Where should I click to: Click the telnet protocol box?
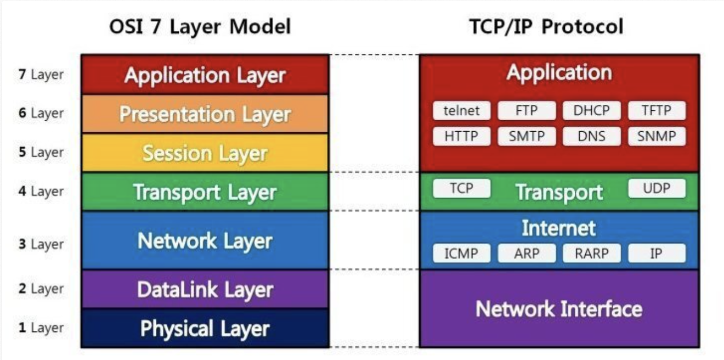click(x=461, y=110)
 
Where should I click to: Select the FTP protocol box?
click(x=527, y=110)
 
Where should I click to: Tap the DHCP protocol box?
click(x=591, y=110)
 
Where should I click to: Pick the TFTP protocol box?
click(x=657, y=110)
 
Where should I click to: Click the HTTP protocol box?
click(x=461, y=136)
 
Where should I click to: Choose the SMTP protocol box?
click(x=527, y=136)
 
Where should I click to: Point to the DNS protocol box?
click(x=591, y=136)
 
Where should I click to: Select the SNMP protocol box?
click(x=657, y=136)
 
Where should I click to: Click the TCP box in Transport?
click(x=461, y=188)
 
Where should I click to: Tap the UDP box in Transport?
click(x=657, y=188)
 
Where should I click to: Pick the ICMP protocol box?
click(x=461, y=254)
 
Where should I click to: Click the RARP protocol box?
click(x=591, y=254)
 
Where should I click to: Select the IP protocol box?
click(x=657, y=254)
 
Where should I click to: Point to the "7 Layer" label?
click(x=41, y=75)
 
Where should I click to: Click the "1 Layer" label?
click(x=41, y=328)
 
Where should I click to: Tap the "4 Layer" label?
click(x=41, y=192)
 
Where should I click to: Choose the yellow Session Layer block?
click(x=205, y=153)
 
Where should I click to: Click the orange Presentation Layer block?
click(x=205, y=114)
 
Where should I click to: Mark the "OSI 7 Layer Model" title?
click(x=200, y=26)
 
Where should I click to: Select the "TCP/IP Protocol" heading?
click(x=546, y=26)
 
